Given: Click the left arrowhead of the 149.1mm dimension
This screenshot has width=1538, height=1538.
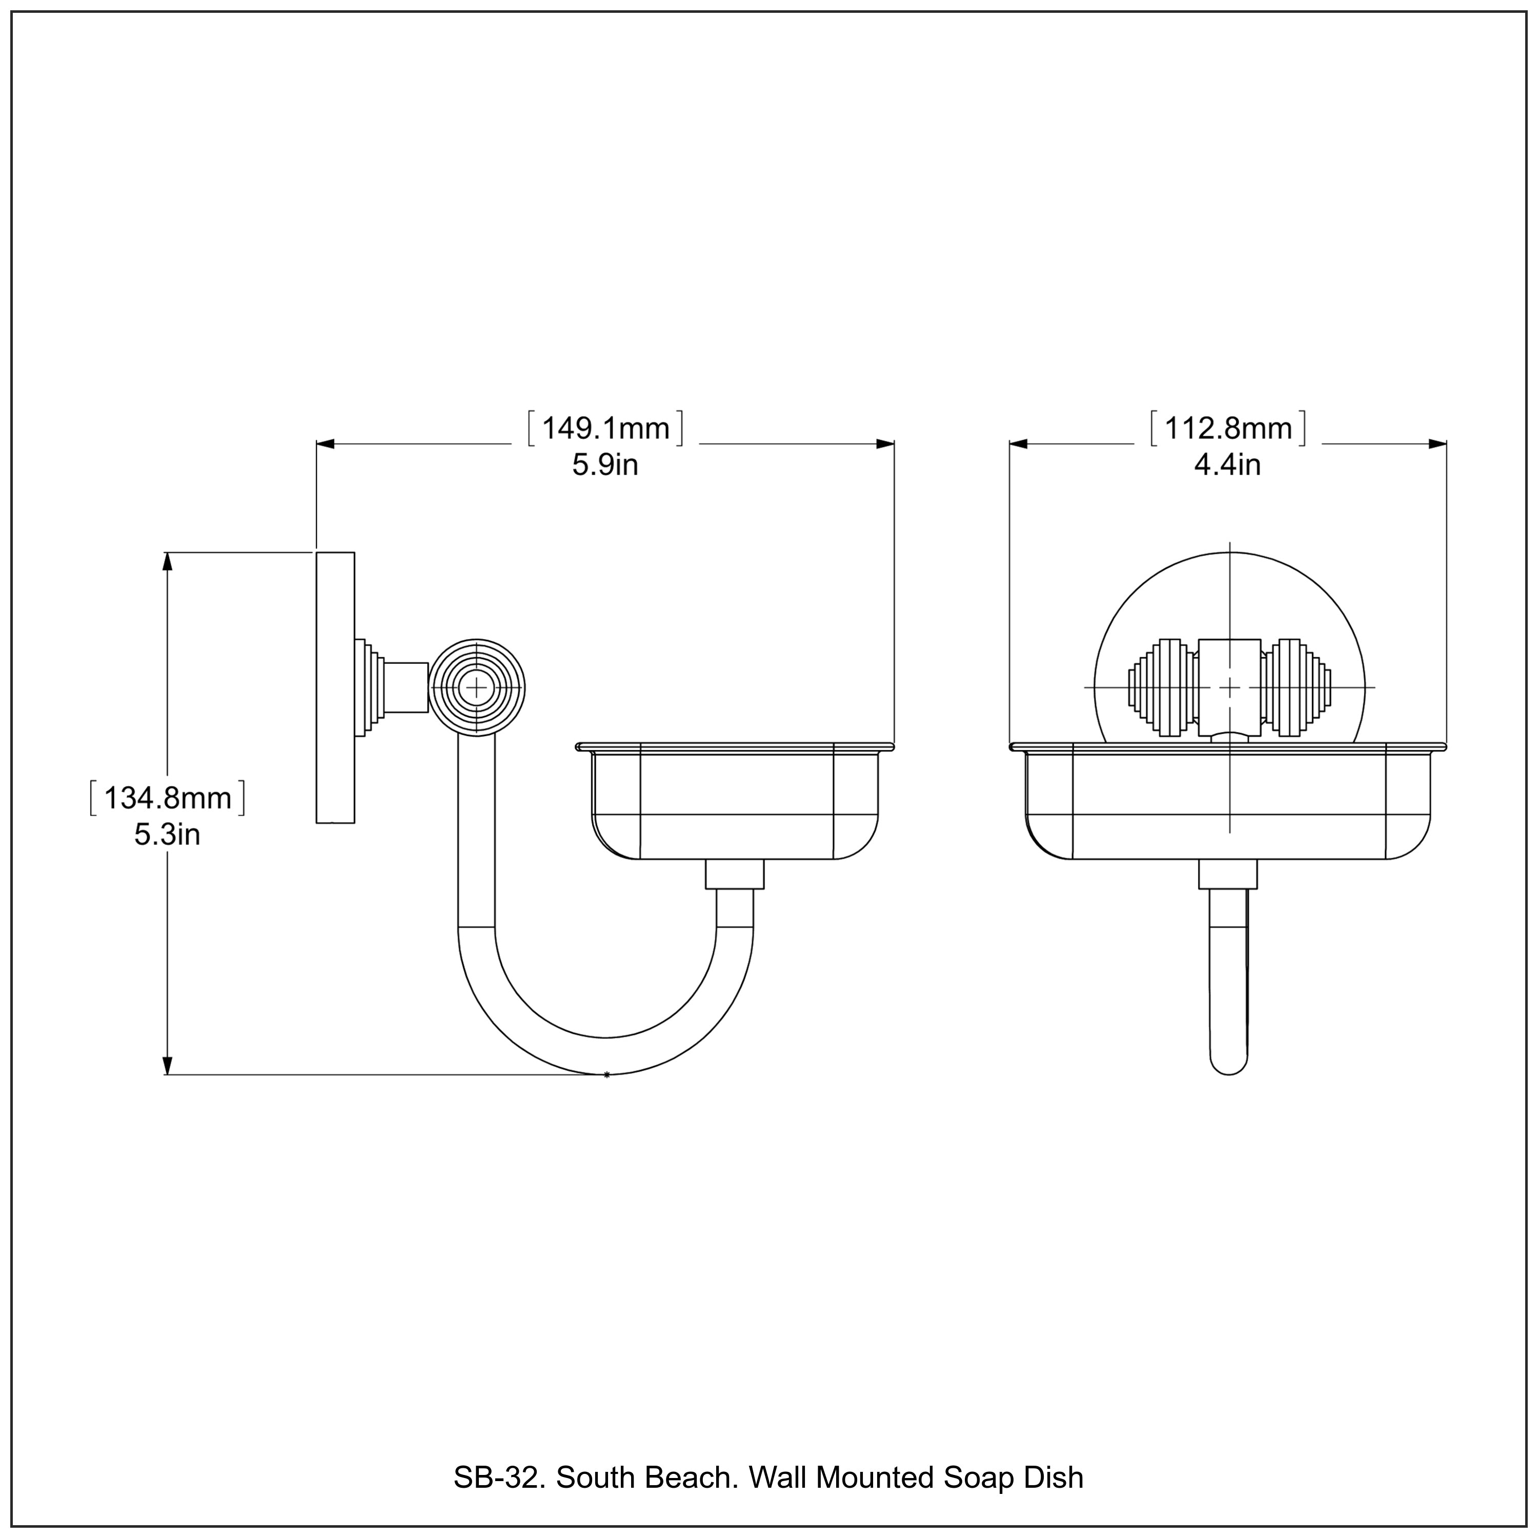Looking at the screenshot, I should coord(326,444).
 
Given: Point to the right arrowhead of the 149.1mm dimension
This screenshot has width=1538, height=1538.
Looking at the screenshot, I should coord(885,444).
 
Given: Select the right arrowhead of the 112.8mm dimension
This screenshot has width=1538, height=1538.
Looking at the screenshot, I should coord(1437,444).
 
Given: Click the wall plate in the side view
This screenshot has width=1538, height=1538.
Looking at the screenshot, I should coord(335,687).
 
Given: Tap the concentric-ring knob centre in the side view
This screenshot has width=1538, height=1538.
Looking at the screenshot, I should coord(477,687).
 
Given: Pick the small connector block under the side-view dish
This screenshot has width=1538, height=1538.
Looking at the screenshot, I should coord(735,874).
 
